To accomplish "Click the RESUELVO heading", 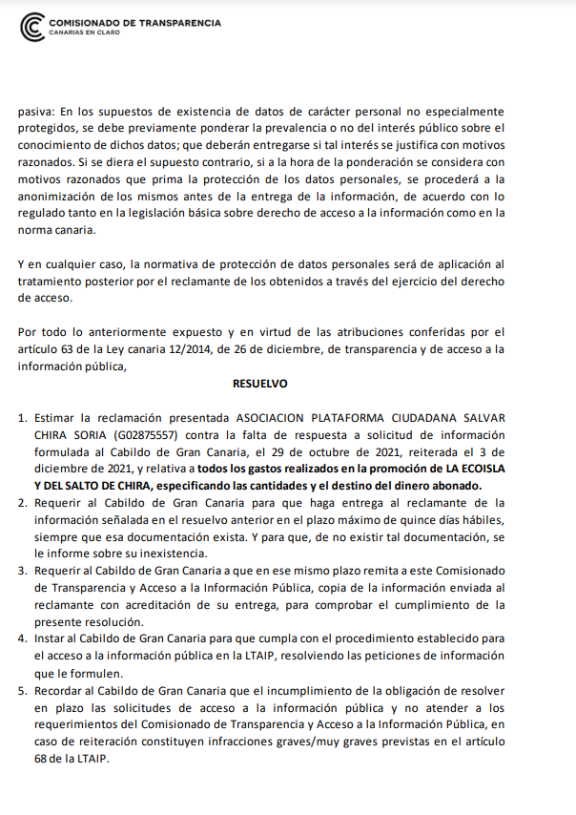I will pyautogui.click(x=259, y=384).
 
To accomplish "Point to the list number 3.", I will pyautogui.click(x=22, y=571).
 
